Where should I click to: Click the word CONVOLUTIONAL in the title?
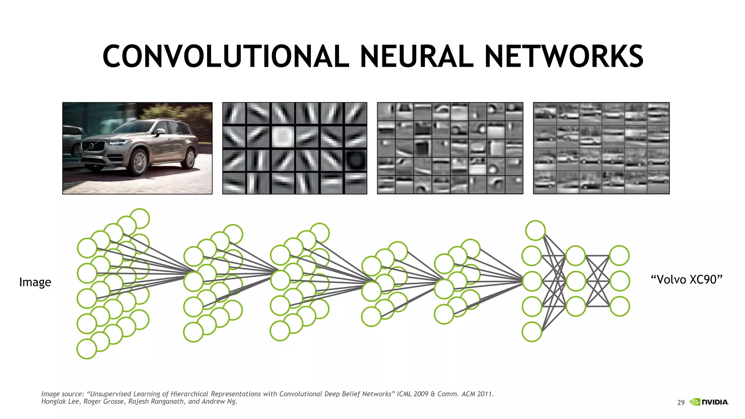(x=226, y=56)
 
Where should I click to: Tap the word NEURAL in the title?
(x=417, y=56)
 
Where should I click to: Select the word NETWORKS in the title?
(x=564, y=56)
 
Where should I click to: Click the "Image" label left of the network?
(x=35, y=282)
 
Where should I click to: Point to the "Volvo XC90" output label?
(x=686, y=280)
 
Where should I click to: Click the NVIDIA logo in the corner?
(x=709, y=402)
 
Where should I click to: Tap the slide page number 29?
(x=681, y=403)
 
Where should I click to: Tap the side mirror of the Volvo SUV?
(x=160, y=132)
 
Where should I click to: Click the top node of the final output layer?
(x=619, y=255)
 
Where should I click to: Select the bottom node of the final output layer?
(x=619, y=306)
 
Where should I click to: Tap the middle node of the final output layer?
(x=619, y=281)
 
